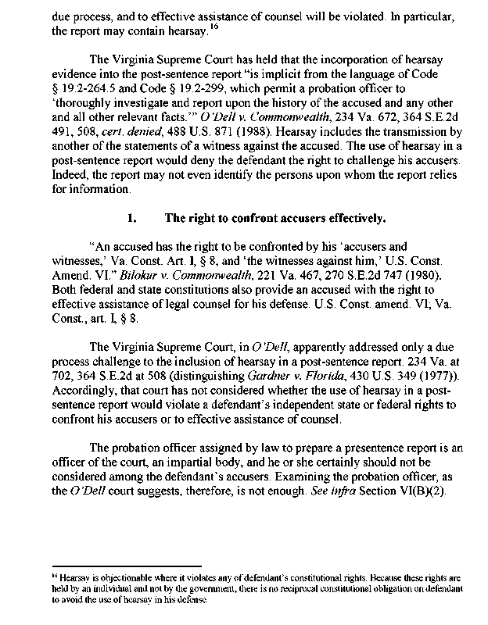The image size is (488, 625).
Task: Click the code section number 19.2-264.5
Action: [x=88, y=116]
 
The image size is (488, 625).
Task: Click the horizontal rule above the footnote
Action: [x=124, y=566]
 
